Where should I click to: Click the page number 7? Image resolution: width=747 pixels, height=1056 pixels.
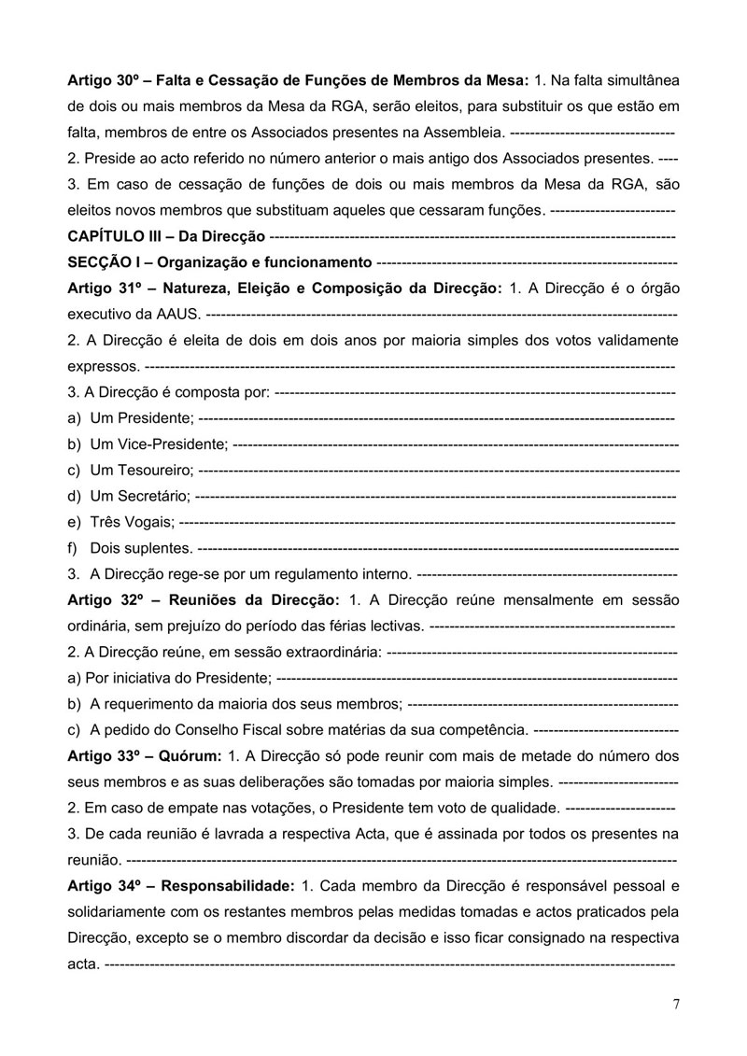pos(675,1005)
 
